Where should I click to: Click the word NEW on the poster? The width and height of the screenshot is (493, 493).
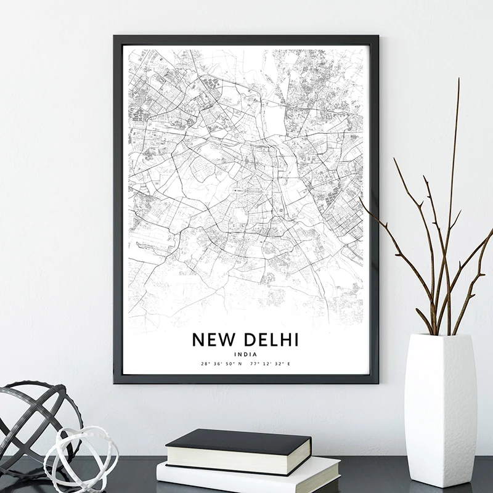click(x=213, y=340)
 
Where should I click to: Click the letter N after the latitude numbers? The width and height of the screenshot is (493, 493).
click(x=240, y=364)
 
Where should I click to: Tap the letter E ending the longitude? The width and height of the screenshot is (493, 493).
click(x=288, y=364)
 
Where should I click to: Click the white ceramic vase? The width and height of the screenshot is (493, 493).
click(x=439, y=407)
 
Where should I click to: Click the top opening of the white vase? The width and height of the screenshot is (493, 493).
click(x=439, y=336)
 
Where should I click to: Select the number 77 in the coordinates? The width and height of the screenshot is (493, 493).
click(x=253, y=364)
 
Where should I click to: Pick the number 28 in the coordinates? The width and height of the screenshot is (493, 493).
click(x=205, y=364)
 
